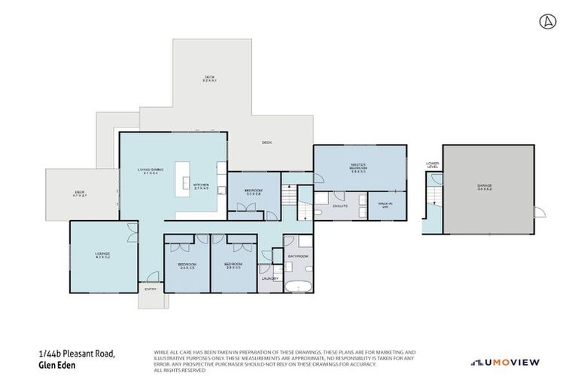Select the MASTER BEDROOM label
pos(357,167)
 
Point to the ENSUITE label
pos(341,205)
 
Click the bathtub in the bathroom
pos(298,286)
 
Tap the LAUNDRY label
pos(270,278)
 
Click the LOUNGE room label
pos(102,255)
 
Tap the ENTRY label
pos(150,288)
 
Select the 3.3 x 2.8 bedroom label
pos(253,191)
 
